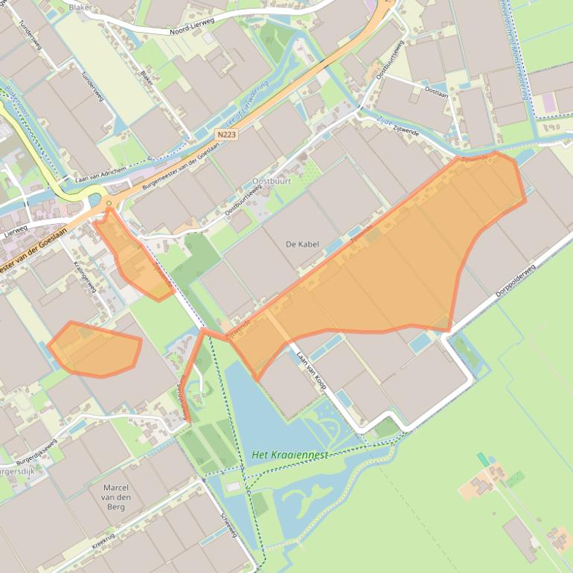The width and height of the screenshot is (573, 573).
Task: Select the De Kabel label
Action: [x=301, y=243]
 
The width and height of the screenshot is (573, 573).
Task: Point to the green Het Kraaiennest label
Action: [x=289, y=455]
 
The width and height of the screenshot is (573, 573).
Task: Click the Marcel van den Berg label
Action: [x=116, y=497]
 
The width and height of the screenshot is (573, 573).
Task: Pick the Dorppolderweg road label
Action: [x=516, y=281]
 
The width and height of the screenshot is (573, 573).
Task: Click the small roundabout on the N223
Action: [x=109, y=202]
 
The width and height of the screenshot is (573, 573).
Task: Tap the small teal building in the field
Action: [x=484, y=459]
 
